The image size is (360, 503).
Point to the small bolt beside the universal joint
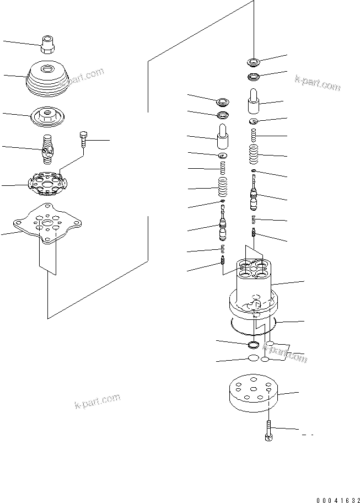[x=83, y=142]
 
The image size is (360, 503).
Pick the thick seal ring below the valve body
[x=253, y=345]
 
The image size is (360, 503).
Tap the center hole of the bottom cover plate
[x=251, y=388]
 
